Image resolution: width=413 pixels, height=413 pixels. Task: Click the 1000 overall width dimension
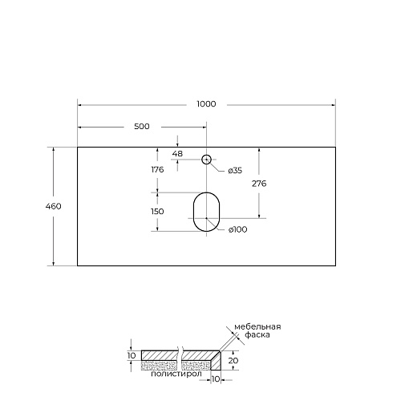(206, 104)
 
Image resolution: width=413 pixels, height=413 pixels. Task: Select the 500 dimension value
(142, 127)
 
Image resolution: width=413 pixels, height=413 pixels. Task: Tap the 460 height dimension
(53, 206)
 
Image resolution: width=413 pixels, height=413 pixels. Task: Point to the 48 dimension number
(177, 154)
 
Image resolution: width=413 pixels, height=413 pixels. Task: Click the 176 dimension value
(157, 169)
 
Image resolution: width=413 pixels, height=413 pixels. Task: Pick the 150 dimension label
(157, 212)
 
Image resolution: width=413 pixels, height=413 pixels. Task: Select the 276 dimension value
(259, 184)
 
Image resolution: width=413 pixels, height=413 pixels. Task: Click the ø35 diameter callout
(235, 171)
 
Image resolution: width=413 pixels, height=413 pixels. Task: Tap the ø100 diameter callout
(237, 229)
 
